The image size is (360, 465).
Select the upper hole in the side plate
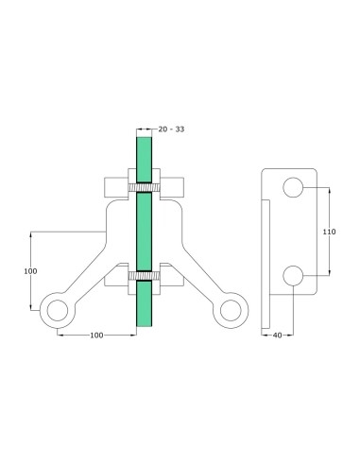click(293, 187)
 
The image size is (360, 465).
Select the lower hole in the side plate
click(293, 275)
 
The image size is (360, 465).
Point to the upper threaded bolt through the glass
click(144, 188)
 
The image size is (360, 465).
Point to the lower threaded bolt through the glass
click(144, 275)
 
